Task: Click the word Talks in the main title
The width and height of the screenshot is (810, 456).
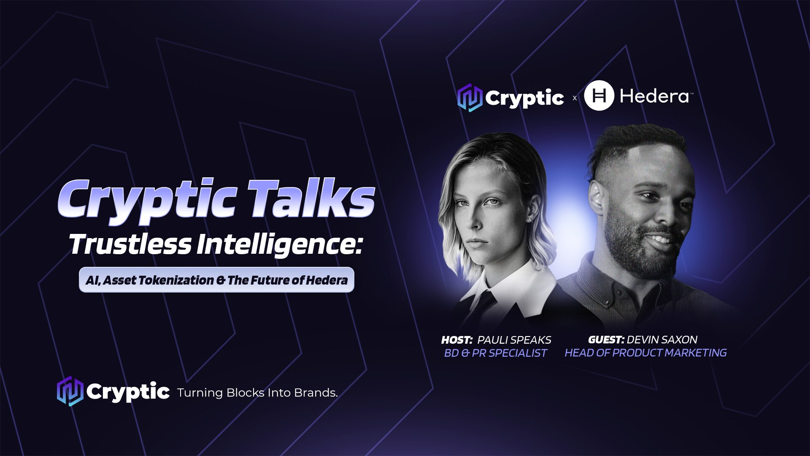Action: point(311,198)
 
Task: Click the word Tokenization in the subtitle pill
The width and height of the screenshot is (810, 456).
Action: point(178,280)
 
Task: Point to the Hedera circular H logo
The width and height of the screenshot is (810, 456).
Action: point(599,96)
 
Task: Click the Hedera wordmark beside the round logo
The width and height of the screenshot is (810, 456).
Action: point(654,97)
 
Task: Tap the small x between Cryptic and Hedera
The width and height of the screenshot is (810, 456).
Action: point(574,98)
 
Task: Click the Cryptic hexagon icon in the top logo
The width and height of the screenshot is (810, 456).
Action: point(470,98)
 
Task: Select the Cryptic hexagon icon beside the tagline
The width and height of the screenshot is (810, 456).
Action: point(70,391)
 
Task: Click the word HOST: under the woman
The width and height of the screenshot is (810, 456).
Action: point(457,340)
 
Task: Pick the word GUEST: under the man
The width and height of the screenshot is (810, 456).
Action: point(606,339)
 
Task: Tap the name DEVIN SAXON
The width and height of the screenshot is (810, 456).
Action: point(662,339)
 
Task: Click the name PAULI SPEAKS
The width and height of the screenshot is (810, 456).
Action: point(514,340)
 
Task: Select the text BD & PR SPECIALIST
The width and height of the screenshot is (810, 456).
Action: point(495,353)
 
